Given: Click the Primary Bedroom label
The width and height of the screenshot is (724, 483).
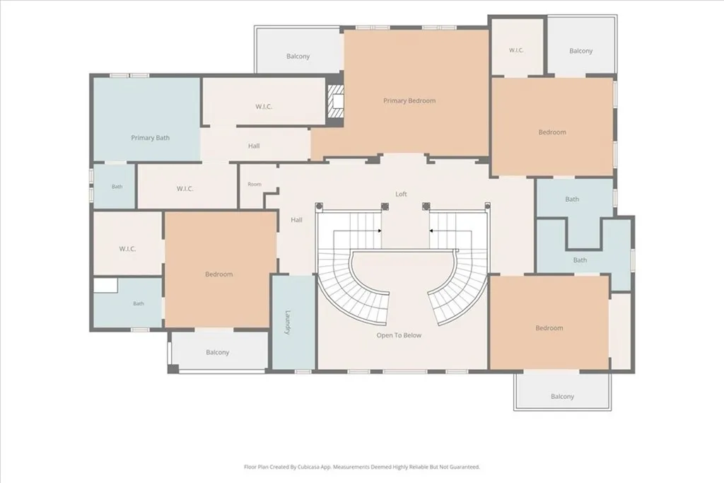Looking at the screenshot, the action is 409,100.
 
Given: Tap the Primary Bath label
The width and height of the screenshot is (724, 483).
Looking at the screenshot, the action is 150,138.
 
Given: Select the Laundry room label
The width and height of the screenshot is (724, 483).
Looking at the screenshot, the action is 288,322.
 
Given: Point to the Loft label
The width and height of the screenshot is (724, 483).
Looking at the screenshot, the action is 401,194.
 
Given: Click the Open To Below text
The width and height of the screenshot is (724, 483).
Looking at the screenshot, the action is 399,335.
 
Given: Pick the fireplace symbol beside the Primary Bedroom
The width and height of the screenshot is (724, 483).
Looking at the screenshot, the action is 336,100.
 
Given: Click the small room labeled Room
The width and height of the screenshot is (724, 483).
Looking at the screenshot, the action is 255,185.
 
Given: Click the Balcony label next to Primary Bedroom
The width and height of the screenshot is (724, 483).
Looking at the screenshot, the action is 298,57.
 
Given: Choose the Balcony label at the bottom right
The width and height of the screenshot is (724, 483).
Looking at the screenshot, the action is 562,396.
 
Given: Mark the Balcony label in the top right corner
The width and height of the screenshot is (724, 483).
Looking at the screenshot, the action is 580,51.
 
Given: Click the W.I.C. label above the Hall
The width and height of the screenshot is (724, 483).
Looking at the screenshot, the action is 264,107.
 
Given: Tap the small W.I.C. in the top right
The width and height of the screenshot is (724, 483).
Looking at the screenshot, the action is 516,50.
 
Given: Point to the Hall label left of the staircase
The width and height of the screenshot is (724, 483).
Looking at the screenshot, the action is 296,220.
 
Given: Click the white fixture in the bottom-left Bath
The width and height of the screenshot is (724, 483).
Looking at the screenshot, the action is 106,285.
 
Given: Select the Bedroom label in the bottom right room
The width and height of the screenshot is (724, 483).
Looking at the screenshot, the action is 549,328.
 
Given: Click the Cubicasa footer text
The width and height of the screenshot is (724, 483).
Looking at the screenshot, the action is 362,467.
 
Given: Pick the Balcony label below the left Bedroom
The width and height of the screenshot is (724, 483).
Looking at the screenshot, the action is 218,352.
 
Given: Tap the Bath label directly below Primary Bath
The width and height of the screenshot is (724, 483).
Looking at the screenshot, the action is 117,187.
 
